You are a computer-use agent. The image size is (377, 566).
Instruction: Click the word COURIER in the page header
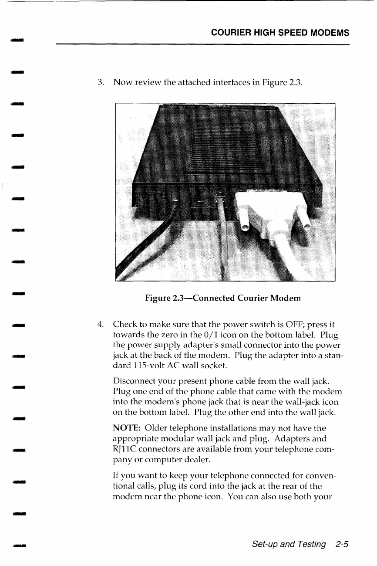(229, 33)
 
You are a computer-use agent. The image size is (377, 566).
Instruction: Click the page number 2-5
(343, 544)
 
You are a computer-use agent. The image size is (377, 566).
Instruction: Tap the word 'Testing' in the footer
(310, 544)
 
